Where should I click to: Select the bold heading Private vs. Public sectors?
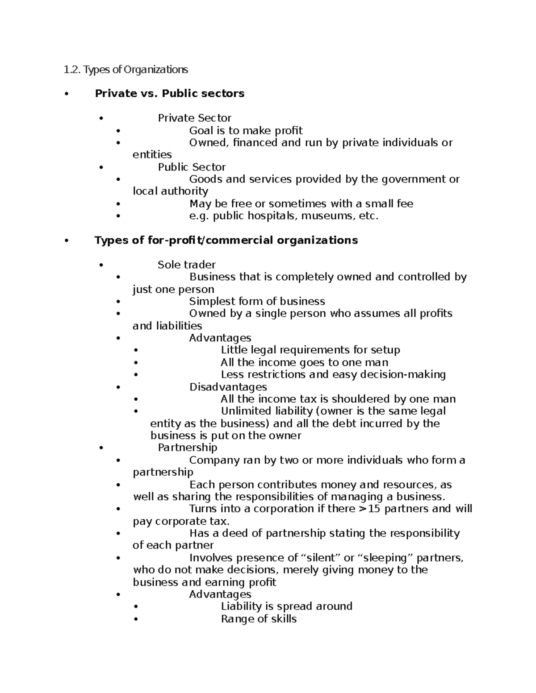(x=169, y=93)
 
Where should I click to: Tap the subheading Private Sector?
(x=194, y=118)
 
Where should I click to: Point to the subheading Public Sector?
(x=192, y=167)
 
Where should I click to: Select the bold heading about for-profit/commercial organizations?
(x=226, y=241)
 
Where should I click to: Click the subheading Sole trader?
(x=187, y=265)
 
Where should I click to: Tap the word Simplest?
(x=213, y=302)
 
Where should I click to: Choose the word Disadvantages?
(x=228, y=387)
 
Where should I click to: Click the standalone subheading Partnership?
(x=188, y=448)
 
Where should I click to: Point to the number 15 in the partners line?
(x=374, y=509)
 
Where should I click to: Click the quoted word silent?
(x=322, y=558)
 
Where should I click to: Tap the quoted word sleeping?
(x=386, y=558)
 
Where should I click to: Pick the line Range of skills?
(x=259, y=619)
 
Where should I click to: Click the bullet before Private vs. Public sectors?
(x=67, y=94)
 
